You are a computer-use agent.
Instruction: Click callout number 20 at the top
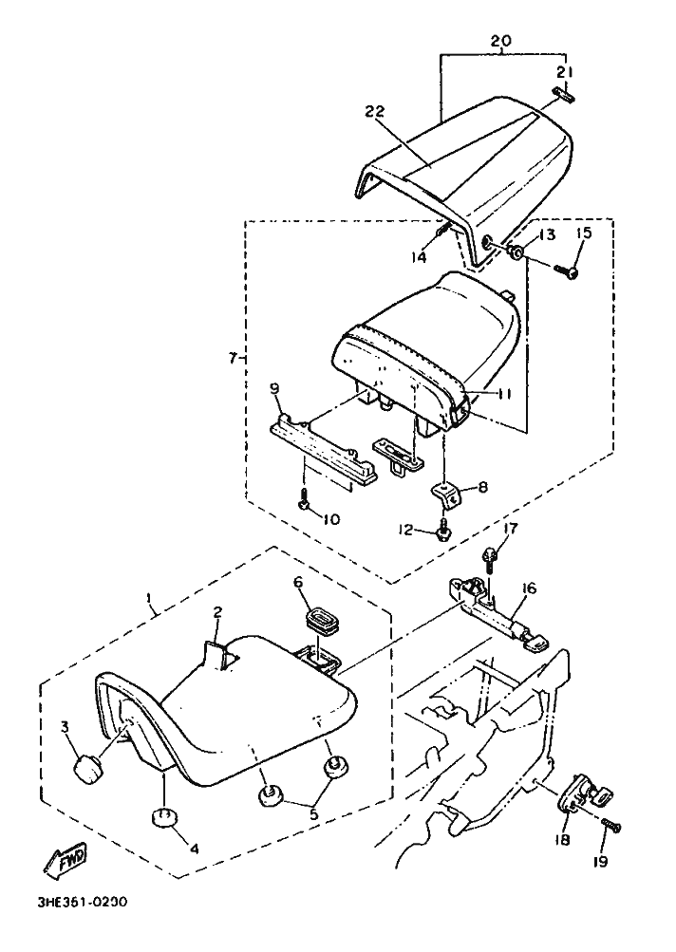(501, 41)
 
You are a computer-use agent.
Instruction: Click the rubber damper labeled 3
(87, 769)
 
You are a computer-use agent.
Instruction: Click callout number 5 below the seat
(313, 814)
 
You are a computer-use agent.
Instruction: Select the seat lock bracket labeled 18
(584, 793)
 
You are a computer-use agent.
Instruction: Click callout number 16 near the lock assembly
(529, 588)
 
